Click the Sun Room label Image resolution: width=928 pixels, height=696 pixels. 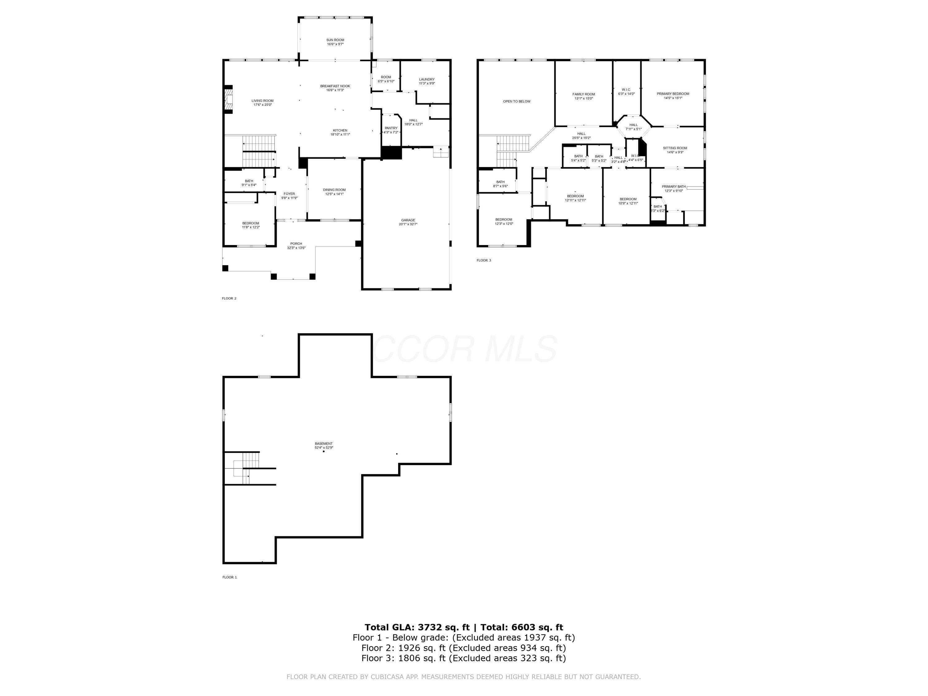pos(335,40)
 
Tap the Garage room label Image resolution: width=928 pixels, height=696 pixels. pos(408,220)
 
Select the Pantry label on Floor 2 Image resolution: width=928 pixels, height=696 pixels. pos(391,128)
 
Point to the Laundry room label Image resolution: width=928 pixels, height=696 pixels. pos(427,79)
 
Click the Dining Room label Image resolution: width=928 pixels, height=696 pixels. pos(334,190)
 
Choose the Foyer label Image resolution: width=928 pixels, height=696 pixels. pos(289,194)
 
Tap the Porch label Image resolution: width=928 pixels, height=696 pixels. pos(296,244)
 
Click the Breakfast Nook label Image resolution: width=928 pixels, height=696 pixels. pos(335,86)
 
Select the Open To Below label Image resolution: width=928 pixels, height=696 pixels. pos(517,101)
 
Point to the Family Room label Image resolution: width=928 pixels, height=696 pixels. pos(584,94)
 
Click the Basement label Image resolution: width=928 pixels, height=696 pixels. pos(324,444)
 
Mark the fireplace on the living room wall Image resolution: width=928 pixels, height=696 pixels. pos(228,99)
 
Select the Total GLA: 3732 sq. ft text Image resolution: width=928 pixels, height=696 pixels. pos(417,627)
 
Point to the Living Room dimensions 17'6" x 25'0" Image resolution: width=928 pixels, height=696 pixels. pos(263,105)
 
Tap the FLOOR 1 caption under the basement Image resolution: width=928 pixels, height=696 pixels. pos(230,577)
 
